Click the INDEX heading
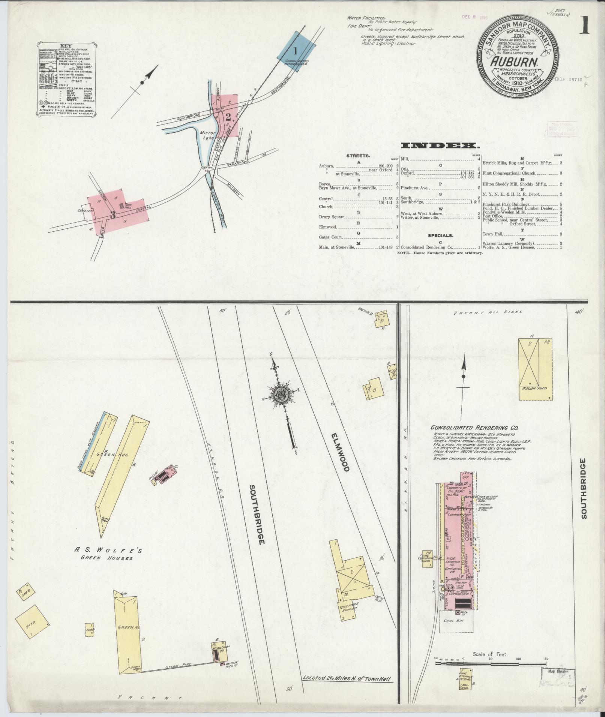coord(440,145)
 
